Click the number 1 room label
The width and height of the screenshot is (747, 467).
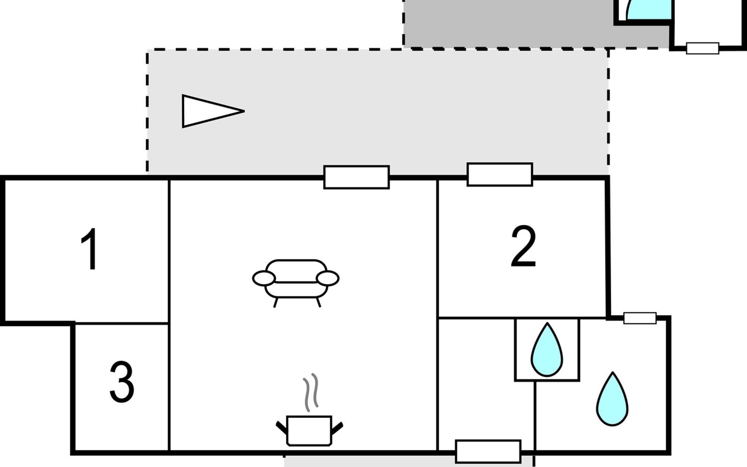click(x=90, y=249)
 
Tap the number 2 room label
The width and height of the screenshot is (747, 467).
click(x=523, y=247)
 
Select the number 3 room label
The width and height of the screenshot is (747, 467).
click(x=122, y=382)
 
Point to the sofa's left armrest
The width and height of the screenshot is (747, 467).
click(x=264, y=279)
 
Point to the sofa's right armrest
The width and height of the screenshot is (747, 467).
click(x=328, y=279)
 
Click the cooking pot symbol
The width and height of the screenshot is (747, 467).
click(x=309, y=430)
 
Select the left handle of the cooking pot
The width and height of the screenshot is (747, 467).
click(x=282, y=428)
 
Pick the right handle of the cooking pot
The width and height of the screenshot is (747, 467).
click(x=337, y=428)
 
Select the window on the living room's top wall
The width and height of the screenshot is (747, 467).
click(x=356, y=177)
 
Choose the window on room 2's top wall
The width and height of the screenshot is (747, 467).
click(x=500, y=174)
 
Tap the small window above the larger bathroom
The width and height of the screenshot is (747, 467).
click(x=640, y=318)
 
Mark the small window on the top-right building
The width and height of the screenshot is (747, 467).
click(x=702, y=48)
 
